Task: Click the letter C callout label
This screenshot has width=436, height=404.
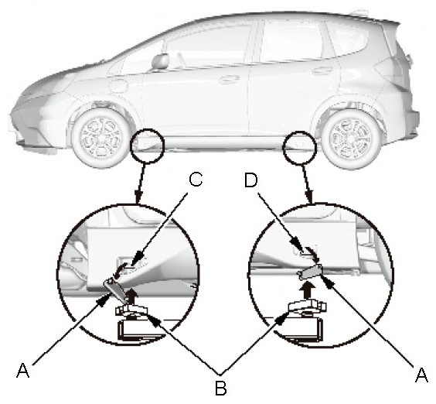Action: point(196,180)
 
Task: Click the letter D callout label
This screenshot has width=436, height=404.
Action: point(250,180)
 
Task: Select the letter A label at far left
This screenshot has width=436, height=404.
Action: point(22,370)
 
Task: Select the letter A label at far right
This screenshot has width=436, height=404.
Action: point(421,375)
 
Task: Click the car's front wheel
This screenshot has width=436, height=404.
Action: point(100,138)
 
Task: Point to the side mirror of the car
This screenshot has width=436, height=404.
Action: point(161,60)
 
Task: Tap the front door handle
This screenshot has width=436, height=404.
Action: point(230,79)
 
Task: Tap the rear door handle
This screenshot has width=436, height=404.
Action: point(323,70)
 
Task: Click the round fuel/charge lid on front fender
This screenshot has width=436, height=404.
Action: point(118,85)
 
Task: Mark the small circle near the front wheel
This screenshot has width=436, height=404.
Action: point(148,146)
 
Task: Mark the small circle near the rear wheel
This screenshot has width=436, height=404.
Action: point(299,147)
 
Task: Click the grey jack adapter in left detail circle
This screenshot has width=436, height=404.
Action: point(115,289)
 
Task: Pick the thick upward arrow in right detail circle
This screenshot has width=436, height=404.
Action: point(307,291)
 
